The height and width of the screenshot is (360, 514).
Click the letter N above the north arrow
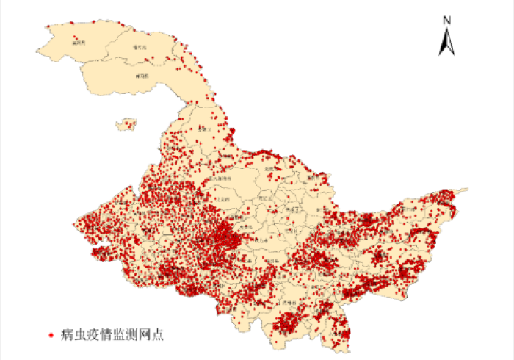tap(446, 21)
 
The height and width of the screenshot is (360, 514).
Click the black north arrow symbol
tap(446, 41)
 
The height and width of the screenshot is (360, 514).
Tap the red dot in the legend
tap(50, 335)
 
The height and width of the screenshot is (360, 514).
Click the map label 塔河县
tap(140, 48)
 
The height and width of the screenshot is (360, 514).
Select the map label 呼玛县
tap(143, 76)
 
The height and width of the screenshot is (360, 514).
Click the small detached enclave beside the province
tap(128, 125)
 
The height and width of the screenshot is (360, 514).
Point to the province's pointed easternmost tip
tap(467, 190)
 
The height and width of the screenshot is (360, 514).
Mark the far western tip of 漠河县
tap(36, 48)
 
